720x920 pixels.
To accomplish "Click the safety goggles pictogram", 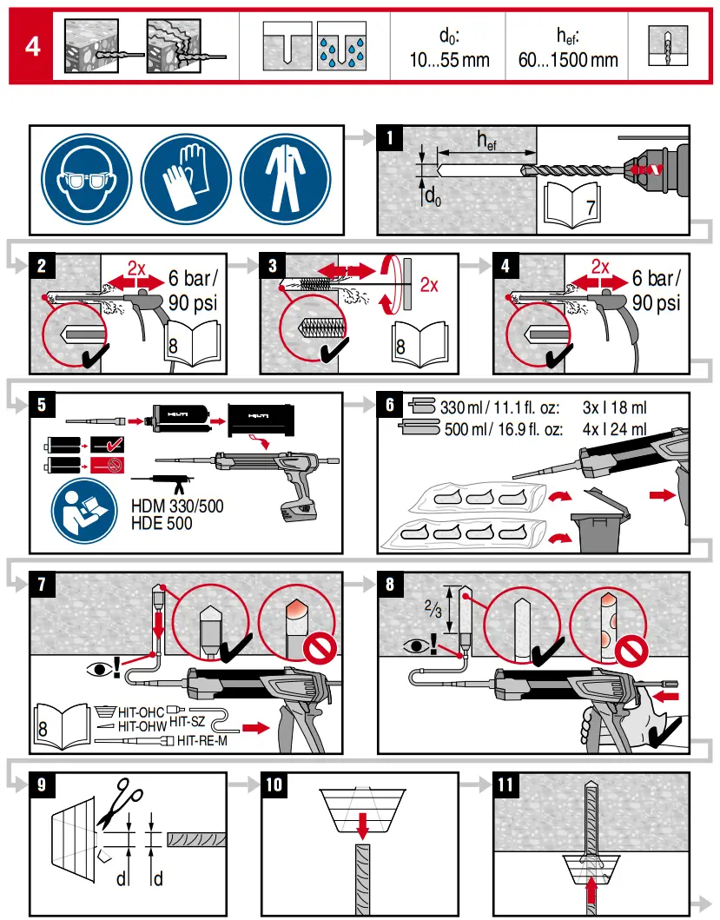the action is (x=86, y=180).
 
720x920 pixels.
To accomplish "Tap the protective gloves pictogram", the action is (x=186, y=180).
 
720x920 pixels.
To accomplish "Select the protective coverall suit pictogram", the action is (x=286, y=180).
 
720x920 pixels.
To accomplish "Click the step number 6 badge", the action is (x=390, y=405).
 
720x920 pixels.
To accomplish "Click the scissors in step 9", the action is (x=120, y=802).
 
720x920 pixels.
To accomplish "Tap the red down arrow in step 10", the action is (x=363, y=825).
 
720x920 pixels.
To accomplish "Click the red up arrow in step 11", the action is (x=591, y=896).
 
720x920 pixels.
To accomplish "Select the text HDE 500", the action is (x=162, y=523).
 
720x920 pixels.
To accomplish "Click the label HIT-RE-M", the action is (x=201, y=741).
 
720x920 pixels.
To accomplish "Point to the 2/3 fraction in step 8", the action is (x=433, y=609).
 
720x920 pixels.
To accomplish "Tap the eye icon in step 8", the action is (x=417, y=646).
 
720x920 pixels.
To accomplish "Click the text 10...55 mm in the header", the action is (x=449, y=60).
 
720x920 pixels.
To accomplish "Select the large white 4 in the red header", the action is (x=32, y=46).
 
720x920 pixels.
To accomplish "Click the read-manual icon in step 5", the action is (x=84, y=509).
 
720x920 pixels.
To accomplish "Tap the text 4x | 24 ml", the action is (x=614, y=429).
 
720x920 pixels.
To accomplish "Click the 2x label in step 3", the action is (x=429, y=285).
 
